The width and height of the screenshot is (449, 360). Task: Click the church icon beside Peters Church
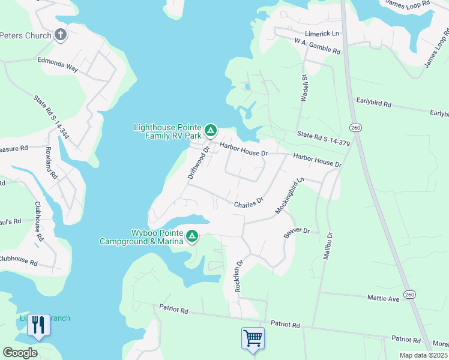pyautogui.click(x=61, y=35)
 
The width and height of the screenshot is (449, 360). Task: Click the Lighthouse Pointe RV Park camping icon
pyautogui.click(x=211, y=130)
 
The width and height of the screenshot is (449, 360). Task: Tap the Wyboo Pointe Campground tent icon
pyautogui.click(x=192, y=235)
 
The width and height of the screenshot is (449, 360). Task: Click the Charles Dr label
pyautogui.click(x=249, y=203)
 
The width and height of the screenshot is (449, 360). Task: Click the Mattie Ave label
pyautogui.click(x=383, y=298)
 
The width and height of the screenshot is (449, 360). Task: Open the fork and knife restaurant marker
pyautogui.click(x=38, y=325)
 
